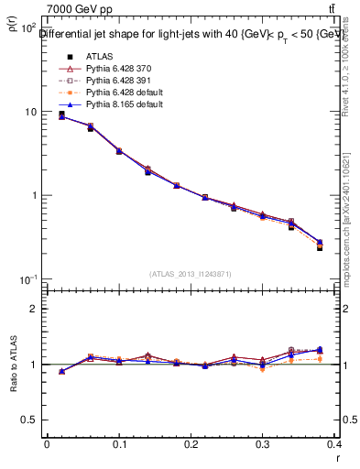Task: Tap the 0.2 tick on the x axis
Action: (x=191, y=444)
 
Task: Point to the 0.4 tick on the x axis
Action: (x=335, y=444)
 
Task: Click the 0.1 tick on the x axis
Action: (x=118, y=444)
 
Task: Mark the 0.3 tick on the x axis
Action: (x=263, y=444)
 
